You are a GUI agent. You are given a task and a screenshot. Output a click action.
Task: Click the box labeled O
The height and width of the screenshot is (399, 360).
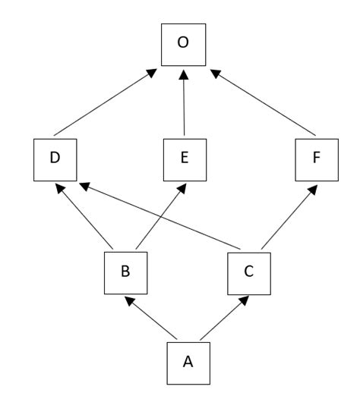tap(182, 43)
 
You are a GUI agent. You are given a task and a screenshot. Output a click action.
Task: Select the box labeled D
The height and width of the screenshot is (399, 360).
tap(55, 159)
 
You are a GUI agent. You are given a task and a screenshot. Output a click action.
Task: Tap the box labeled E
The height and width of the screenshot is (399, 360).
tap(185, 159)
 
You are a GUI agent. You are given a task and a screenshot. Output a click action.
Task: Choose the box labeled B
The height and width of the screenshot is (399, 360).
tap(125, 272)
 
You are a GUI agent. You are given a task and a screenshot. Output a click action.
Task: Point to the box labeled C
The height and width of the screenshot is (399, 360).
tap(248, 272)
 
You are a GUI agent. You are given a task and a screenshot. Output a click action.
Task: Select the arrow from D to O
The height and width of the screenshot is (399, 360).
tap(105, 102)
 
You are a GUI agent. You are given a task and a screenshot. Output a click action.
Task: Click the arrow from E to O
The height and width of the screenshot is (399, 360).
tap(183, 102)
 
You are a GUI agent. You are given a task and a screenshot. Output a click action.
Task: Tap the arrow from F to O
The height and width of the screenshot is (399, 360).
tap(262, 102)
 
